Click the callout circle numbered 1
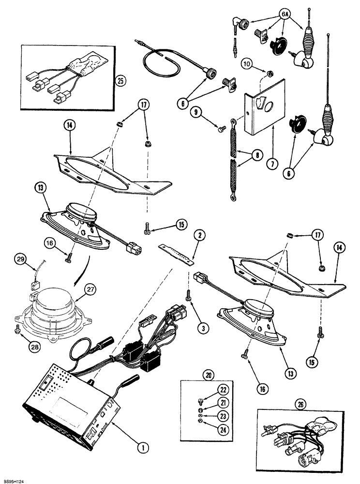point(142,448)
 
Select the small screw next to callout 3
point(188,295)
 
